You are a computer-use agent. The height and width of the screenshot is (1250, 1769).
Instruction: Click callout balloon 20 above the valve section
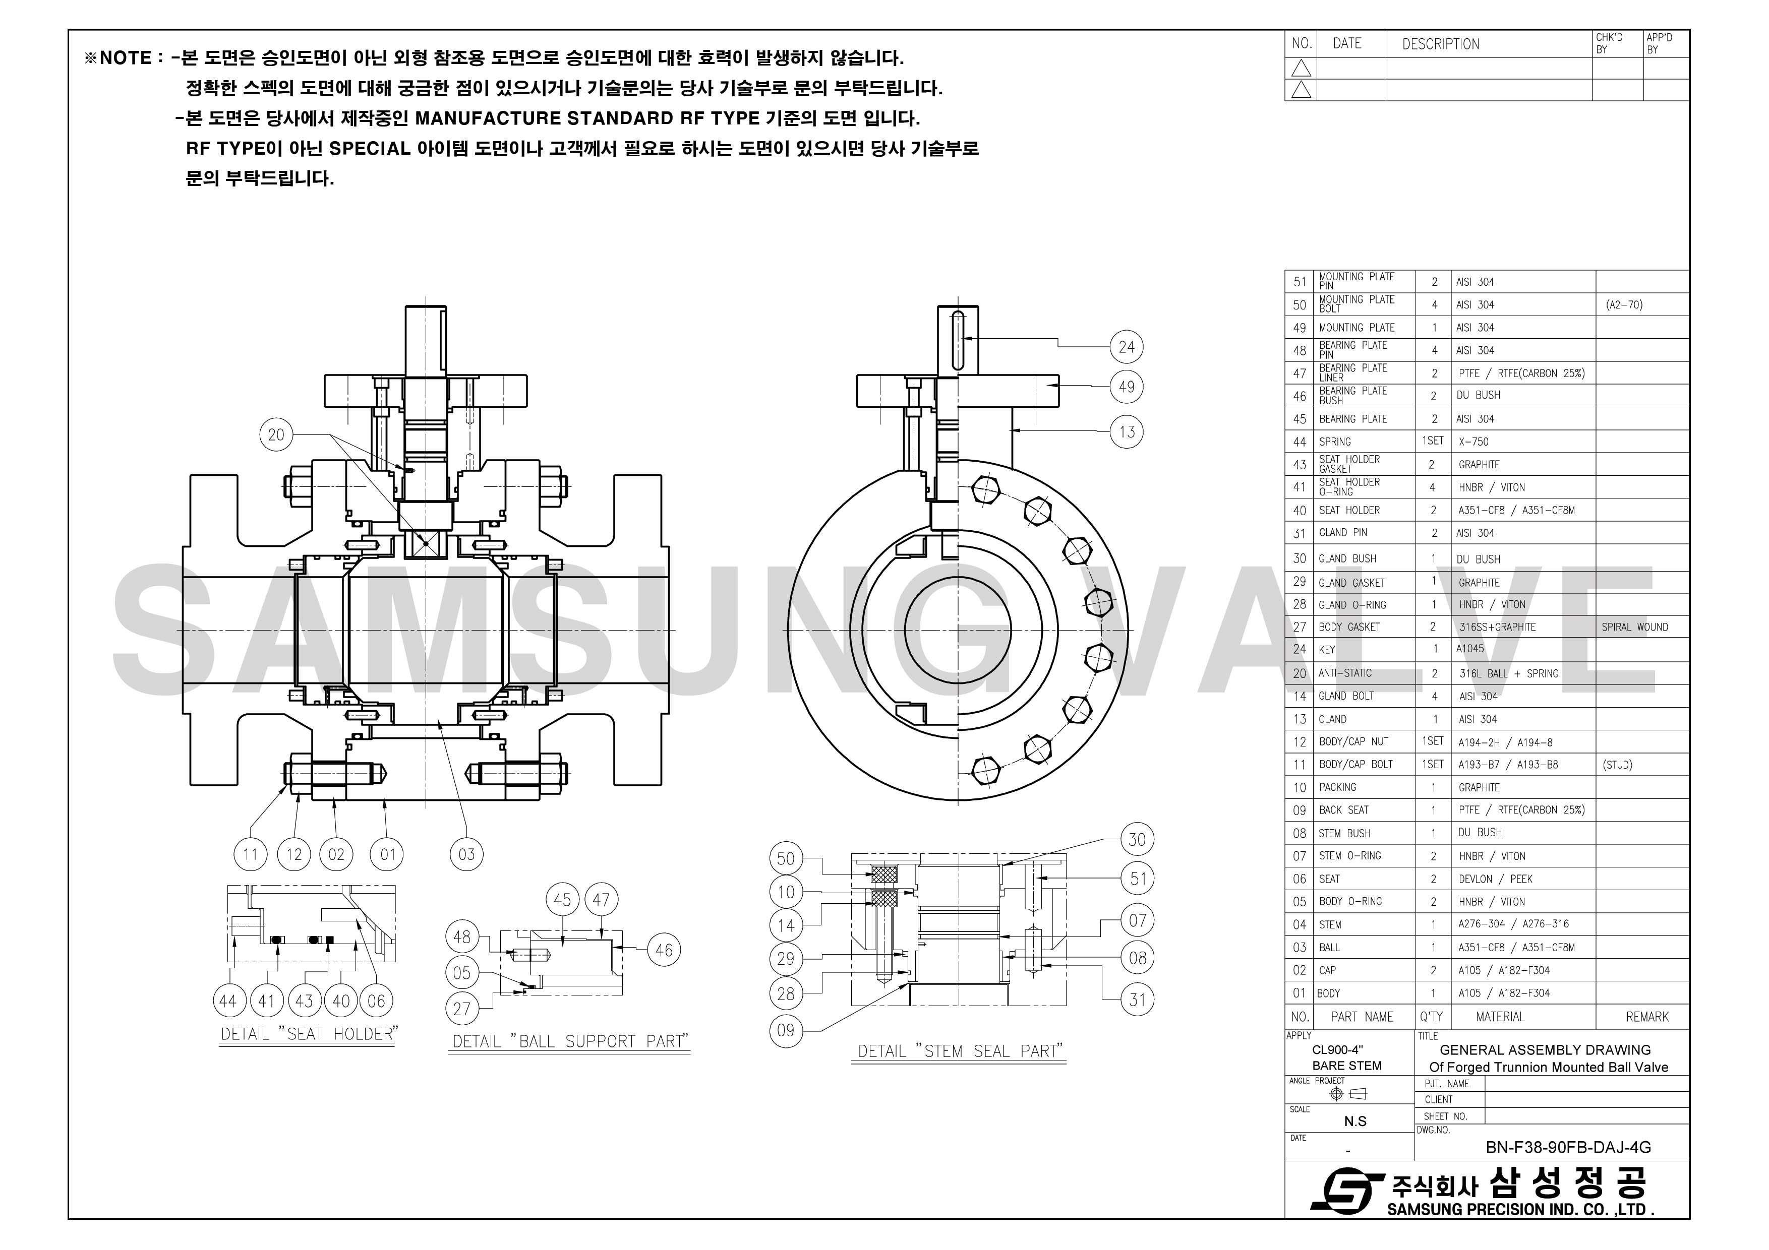276,434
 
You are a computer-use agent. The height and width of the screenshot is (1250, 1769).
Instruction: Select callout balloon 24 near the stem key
1127,347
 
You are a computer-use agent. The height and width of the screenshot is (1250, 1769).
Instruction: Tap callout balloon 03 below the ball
466,854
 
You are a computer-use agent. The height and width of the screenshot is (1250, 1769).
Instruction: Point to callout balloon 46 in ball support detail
664,951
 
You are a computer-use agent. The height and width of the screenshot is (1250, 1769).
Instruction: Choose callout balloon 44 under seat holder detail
228,1001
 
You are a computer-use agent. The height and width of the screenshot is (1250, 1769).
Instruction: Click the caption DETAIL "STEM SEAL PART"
959,1051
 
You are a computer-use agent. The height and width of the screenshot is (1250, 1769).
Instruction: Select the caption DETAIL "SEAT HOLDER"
308,1034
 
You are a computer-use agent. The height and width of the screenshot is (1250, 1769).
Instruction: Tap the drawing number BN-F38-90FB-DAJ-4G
1568,1148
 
